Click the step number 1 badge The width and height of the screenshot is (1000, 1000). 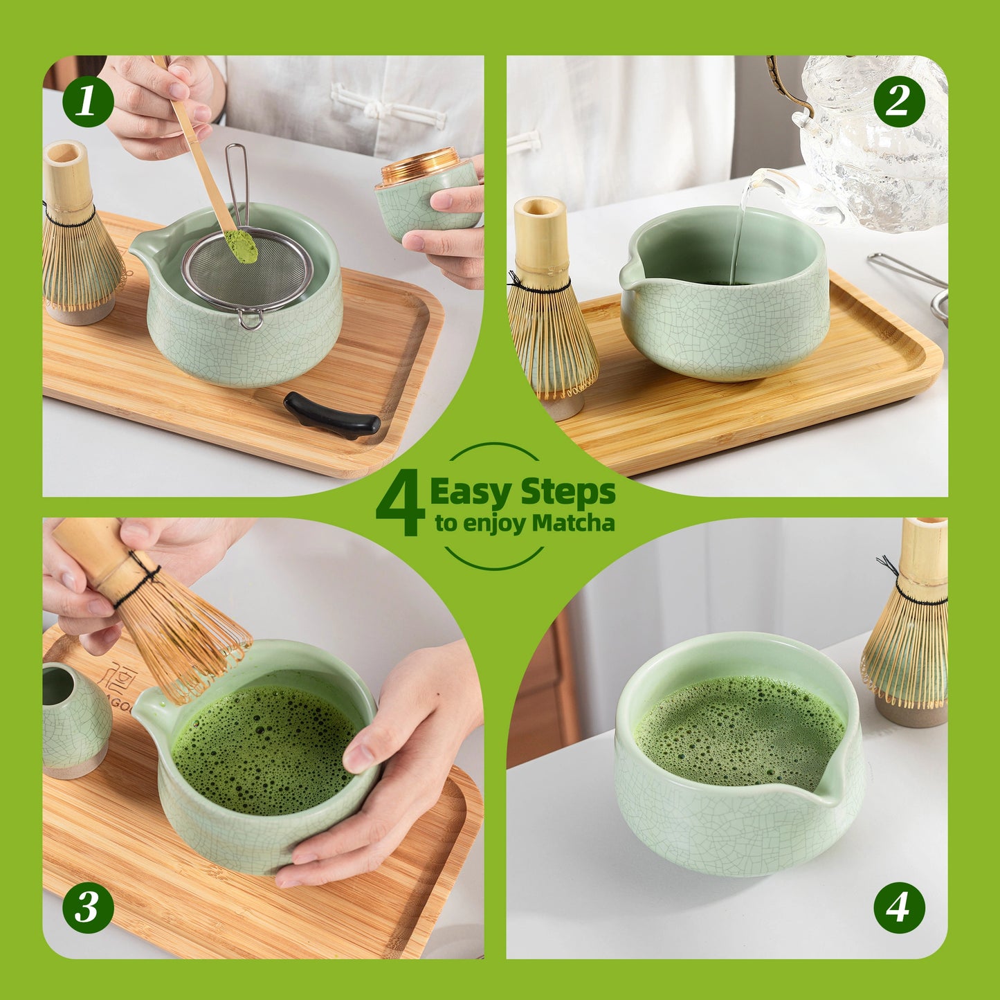click(88, 102)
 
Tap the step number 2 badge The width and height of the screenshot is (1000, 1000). click(898, 102)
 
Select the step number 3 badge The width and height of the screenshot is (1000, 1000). click(88, 907)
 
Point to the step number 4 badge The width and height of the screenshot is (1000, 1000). click(898, 907)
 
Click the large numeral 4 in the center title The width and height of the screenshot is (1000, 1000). click(401, 502)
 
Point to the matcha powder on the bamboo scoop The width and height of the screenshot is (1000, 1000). click(240, 246)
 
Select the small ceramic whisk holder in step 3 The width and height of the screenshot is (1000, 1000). click(73, 720)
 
